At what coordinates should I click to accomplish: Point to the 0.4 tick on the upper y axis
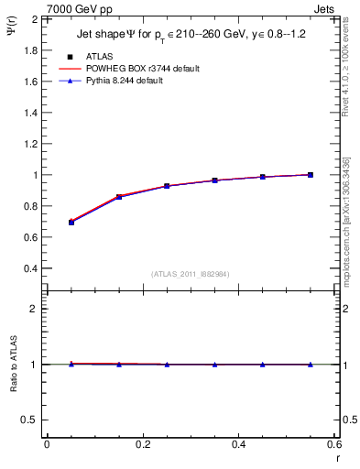31,268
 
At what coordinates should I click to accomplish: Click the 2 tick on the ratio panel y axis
35,309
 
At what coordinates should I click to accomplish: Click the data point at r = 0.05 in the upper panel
71,222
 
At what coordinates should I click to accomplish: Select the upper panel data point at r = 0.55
311,175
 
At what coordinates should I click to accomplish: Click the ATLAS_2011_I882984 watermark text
191,273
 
